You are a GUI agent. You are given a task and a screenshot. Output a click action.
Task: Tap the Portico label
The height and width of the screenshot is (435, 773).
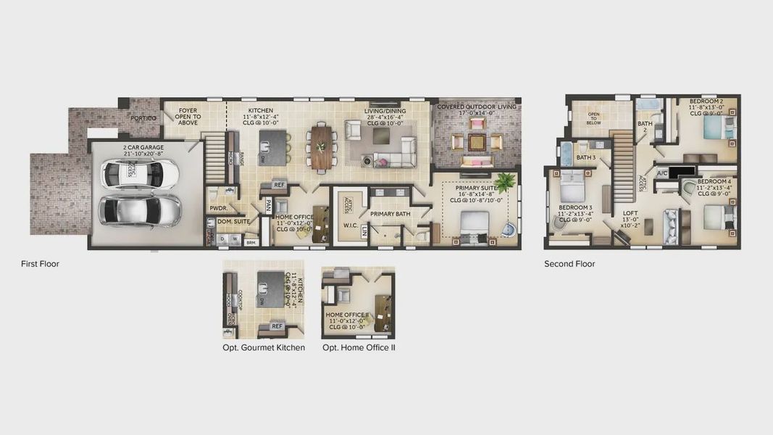(143, 118)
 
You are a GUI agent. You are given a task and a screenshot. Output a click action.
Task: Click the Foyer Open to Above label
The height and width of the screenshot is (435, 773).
(187, 117)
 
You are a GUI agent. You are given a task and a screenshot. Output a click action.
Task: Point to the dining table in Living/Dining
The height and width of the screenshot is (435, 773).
(322, 146)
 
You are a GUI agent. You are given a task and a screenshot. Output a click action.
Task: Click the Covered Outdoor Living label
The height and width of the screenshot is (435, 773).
(477, 110)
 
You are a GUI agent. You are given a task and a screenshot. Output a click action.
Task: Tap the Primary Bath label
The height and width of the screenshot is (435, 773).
(390, 214)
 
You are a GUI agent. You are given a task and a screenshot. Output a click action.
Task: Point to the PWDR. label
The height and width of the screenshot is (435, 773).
(219, 208)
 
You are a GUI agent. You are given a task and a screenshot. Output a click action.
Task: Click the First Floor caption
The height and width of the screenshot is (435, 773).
(40, 264)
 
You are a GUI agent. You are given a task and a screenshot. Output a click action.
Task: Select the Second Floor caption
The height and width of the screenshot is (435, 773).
(569, 264)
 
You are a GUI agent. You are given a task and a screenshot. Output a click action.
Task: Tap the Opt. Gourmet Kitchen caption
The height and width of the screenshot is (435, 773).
(264, 348)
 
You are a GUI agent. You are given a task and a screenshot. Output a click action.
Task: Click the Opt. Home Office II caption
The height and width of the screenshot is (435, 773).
(359, 348)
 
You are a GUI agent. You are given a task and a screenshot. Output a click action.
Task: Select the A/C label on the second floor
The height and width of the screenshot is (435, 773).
(662, 173)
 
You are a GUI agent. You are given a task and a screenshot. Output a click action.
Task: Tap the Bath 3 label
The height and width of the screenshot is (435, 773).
(586, 157)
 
